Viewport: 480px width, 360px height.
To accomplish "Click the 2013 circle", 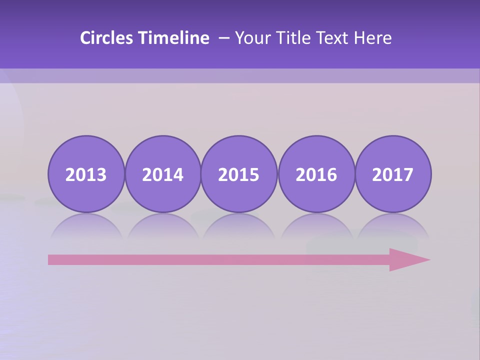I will point(86,174).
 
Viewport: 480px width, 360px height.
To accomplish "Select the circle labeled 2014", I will point(162,174).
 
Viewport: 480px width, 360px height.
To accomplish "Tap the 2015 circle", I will point(239,174).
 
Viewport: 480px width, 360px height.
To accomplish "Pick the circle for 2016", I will point(316,174).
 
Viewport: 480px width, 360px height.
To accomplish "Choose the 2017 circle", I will point(392,174).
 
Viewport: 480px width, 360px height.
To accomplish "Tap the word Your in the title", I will point(252,38).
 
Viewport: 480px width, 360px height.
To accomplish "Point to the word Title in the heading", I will point(290,38).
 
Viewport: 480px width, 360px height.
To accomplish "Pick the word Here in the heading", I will point(373,38).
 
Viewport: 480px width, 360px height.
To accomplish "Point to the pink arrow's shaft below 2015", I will point(239,259).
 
